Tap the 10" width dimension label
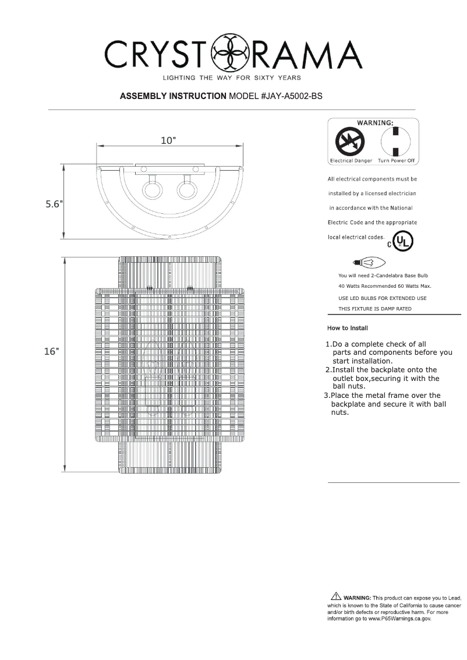[169, 140]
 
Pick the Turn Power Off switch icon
[395, 141]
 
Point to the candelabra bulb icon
[370, 263]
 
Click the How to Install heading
[348, 328]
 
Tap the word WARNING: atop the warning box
[374, 123]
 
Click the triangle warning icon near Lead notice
[335, 596]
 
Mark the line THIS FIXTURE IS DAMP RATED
[375, 309]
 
